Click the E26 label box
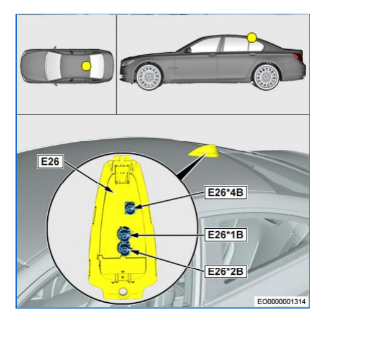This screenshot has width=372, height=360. [50, 162]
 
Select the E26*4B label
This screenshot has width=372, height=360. [225, 192]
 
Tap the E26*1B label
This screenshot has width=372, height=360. [225, 234]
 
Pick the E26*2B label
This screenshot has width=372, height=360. [225, 271]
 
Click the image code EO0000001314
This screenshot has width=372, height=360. [281, 302]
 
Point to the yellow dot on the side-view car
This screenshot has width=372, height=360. [252, 38]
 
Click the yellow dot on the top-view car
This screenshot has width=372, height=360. [86, 66]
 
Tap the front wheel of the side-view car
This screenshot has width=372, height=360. [150, 77]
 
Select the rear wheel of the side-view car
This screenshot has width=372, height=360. [266, 77]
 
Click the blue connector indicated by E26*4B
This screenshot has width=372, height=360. [130, 208]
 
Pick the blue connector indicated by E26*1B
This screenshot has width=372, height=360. [124, 234]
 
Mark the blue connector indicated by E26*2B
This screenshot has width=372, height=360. [124, 249]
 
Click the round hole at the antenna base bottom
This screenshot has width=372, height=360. [123, 292]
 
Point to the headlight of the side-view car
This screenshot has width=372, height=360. [128, 62]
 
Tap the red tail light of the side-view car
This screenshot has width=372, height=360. [298, 57]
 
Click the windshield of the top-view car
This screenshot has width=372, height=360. [53, 66]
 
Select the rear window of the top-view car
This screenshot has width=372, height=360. [98, 66]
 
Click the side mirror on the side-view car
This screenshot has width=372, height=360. [188, 50]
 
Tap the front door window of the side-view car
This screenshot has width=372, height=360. [206, 45]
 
